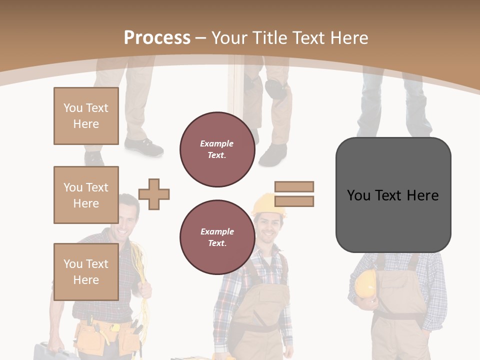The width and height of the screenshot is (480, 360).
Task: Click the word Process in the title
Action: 157,38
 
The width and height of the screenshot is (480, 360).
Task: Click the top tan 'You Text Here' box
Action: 86,116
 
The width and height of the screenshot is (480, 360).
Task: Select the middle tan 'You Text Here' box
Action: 86,195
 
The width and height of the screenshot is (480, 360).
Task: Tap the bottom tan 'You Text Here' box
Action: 86,272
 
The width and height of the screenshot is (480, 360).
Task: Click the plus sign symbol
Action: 154,194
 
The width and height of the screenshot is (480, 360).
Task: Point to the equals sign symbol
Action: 294,194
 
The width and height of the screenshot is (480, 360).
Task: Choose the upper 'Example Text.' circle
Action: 217,149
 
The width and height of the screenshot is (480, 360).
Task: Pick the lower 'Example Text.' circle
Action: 217,237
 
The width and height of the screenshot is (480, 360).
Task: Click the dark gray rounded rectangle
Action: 393,195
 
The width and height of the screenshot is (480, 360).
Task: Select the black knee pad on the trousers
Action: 276,89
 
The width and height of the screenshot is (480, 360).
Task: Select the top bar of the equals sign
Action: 294,186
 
